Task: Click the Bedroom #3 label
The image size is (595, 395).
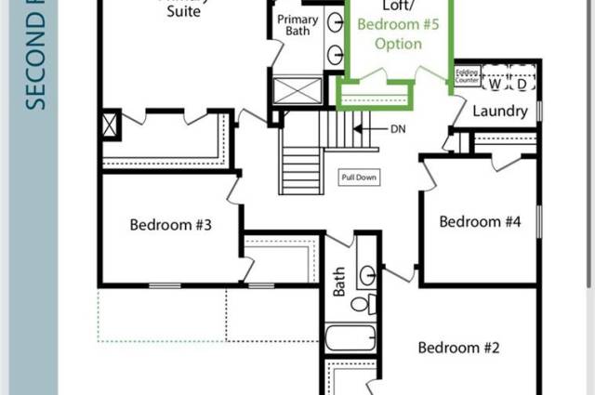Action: [171, 224]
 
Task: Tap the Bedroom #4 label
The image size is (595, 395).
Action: [480, 222]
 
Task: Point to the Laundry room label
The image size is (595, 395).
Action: [500, 111]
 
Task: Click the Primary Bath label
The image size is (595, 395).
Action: [298, 25]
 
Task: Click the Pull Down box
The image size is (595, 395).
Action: [359, 177]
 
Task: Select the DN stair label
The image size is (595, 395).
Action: [398, 128]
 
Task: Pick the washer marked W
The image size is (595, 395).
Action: [495, 82]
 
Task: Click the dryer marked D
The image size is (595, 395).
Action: [522, 82]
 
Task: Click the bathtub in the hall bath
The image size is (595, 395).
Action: [349, 336]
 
